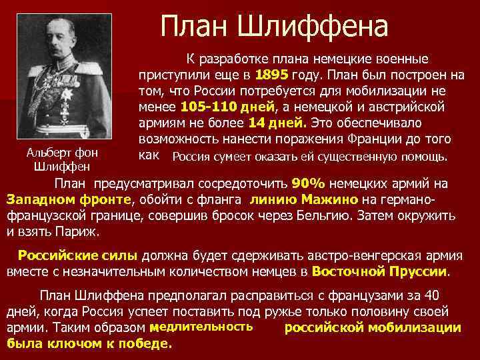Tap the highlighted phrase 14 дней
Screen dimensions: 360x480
[x=277, y=123]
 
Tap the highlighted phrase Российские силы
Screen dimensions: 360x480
[x=78, y=255]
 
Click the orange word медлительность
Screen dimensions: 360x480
[x=201, y=327]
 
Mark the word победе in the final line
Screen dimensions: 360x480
[x=145, y=343]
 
